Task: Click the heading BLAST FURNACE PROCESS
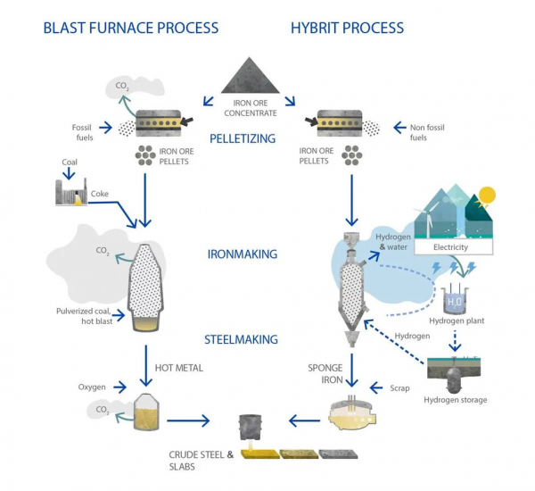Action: (130, 28)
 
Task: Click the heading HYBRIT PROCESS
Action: (347, 28)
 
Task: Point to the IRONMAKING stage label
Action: (243, 254)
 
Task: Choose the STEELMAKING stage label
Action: (243, 339)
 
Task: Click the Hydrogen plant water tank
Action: (457, 300)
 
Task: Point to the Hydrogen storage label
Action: (456, 400)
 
